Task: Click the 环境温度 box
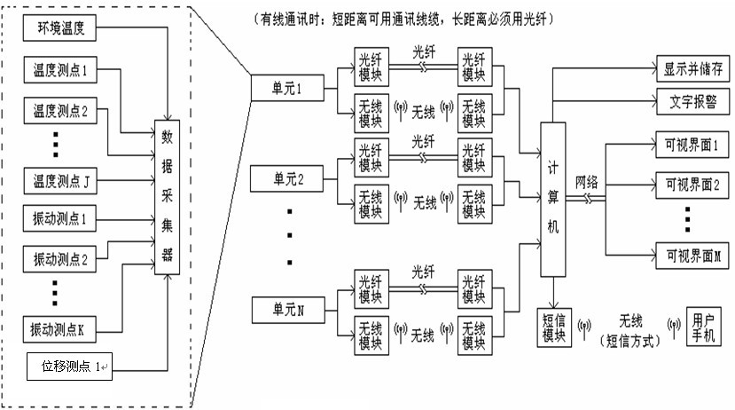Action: (x=59, y=31)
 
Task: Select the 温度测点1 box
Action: (x=59, y=71)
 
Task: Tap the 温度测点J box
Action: (x=59, y=183)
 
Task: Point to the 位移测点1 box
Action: (x=67, y=365)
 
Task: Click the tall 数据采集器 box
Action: (x=168, y=194)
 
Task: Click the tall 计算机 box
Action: (x=552, y=198)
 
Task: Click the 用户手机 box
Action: (x=700, y=326)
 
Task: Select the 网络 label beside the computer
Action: (x=586, y=181)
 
